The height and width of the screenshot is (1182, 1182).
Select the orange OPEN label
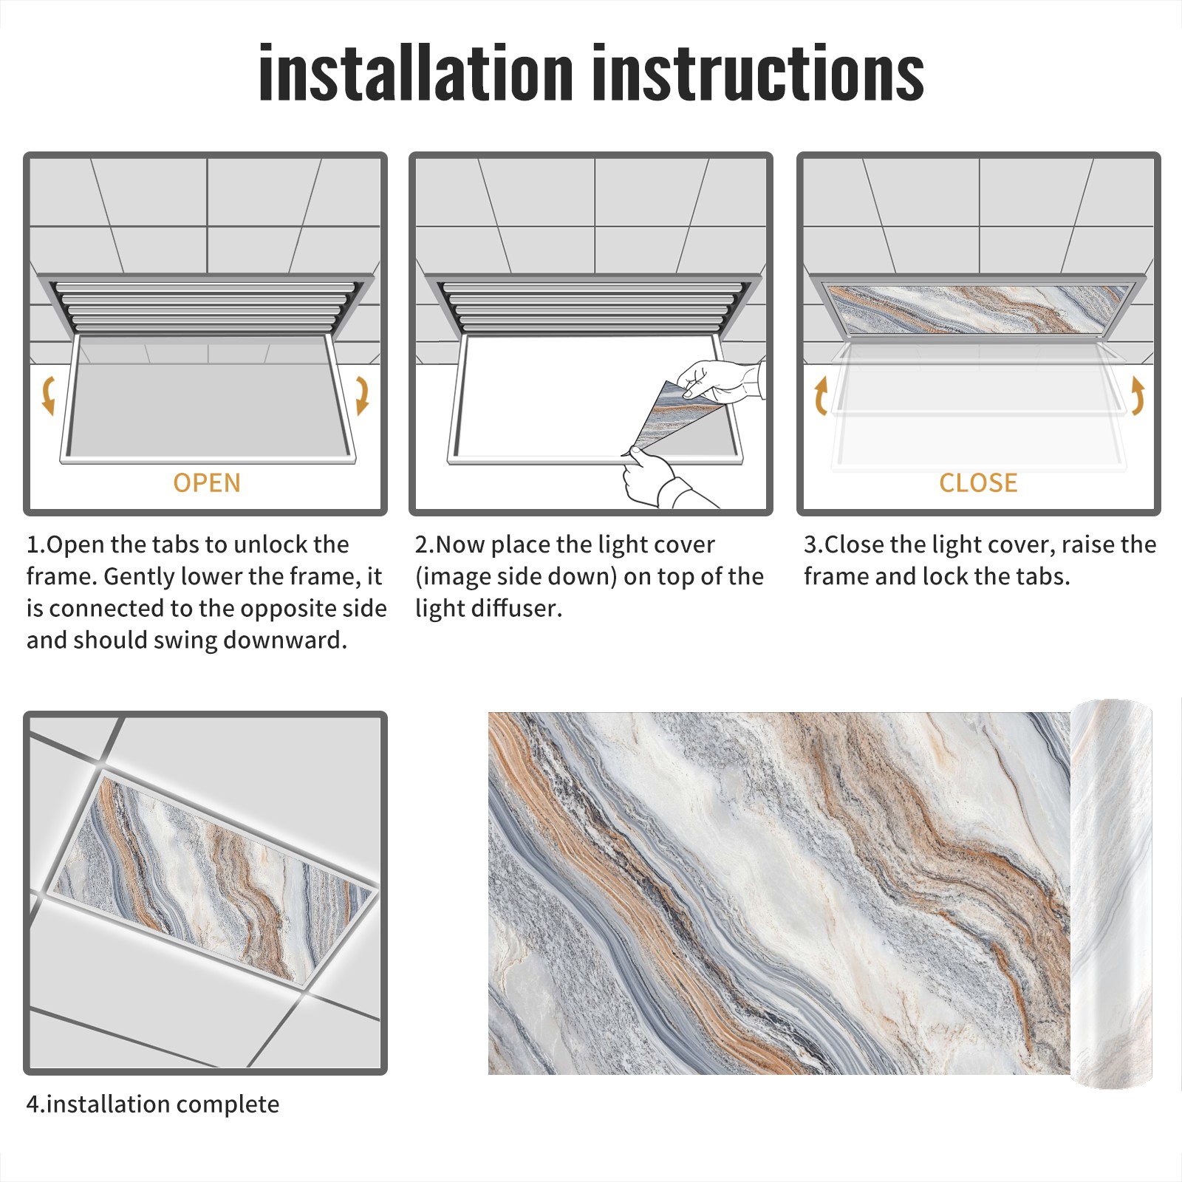point(207,483)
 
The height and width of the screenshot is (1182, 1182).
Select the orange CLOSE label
point(978,483)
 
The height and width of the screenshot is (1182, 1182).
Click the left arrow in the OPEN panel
point(48,394)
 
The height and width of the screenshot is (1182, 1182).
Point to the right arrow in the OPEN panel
point(363,394)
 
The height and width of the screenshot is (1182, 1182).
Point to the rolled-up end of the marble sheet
point(1112,894)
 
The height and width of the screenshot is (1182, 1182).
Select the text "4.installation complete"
point(153,1104)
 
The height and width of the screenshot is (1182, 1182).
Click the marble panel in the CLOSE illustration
point(978,309)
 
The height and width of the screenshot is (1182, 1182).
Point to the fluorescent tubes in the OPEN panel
point(207,304)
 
